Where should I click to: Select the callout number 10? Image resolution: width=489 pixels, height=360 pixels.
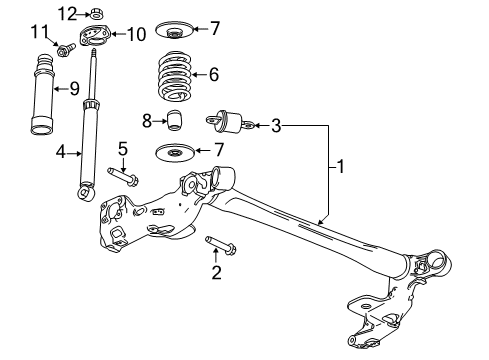tap(137, 34)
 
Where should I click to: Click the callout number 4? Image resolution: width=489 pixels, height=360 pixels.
tap(61, 153)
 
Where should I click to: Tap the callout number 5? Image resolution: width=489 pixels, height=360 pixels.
tap(123, 149)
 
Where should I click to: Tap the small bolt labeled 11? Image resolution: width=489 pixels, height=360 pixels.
tap(65, 48)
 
